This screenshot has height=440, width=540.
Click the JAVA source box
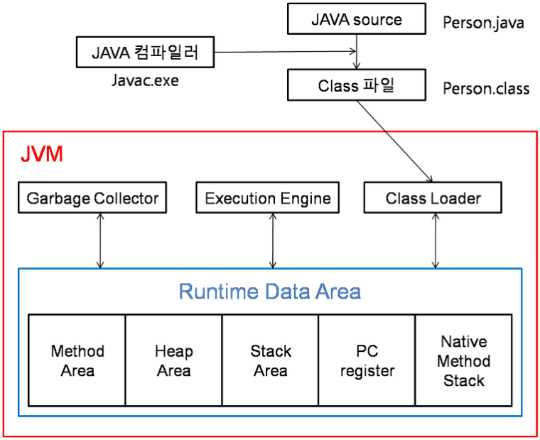tap(357, 19)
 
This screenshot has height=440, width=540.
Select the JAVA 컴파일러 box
tap(145, 52)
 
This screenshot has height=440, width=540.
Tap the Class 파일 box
tap(357, 85)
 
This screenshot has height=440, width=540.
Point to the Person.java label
tap(483, 23)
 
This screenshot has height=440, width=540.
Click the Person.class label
tap(486, 89)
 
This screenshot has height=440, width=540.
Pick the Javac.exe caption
tap(145, 80)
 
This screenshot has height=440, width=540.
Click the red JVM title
tap(42, 154)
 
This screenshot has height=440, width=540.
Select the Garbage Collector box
tap(92, 198)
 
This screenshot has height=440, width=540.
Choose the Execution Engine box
tap(268, 198)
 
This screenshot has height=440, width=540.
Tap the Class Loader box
tap(433, 198)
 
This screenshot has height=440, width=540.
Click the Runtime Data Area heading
tap(270, 291)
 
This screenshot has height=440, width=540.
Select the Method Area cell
tap(77, 360)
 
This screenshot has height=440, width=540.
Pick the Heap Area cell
tap(174, 360)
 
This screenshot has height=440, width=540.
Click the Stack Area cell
tap(270, 360)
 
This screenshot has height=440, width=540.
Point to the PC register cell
tap(367, 360)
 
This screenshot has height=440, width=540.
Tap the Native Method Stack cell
tap(463, 360)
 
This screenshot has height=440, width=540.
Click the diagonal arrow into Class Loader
tap(394, 141)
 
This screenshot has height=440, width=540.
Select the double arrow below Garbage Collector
tap(100, 240)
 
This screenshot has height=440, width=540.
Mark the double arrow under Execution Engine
tap(273, 240)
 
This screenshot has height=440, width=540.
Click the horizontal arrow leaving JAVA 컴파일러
tap(285, 52)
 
